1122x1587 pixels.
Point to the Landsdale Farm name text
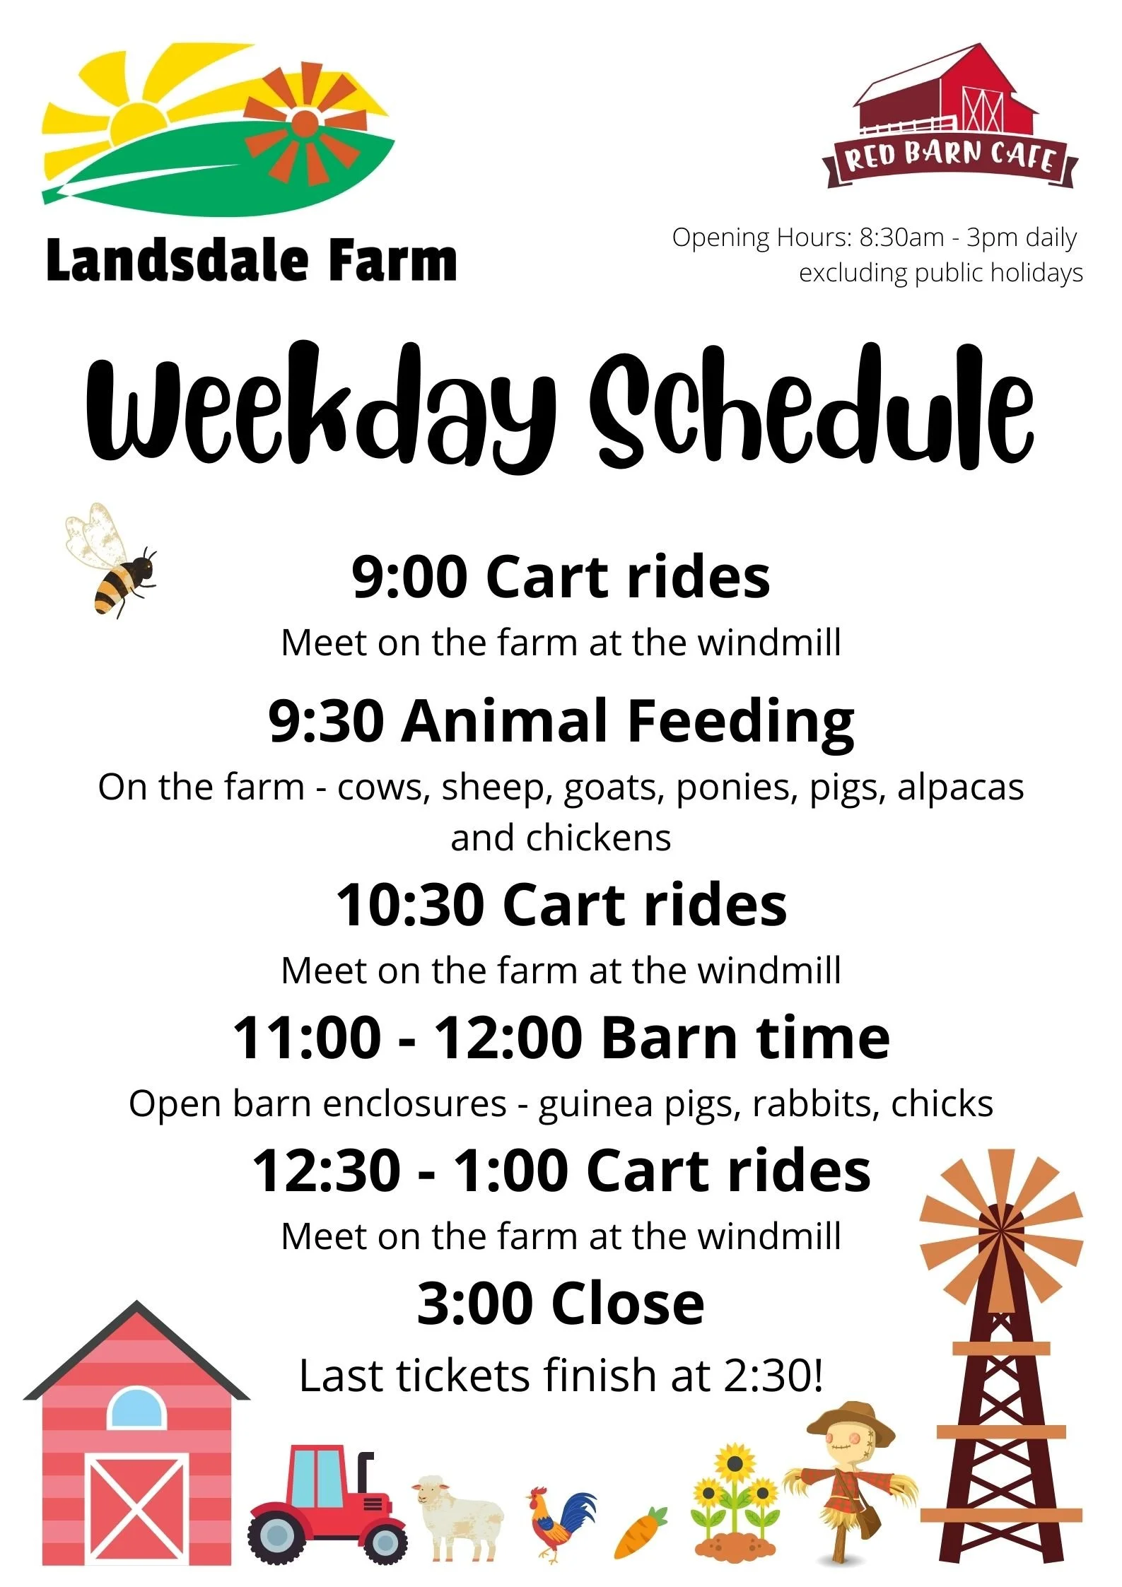tap(251, 260)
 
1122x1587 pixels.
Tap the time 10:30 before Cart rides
tap(409, 906)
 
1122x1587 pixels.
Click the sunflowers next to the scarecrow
tap(735, 1506)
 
